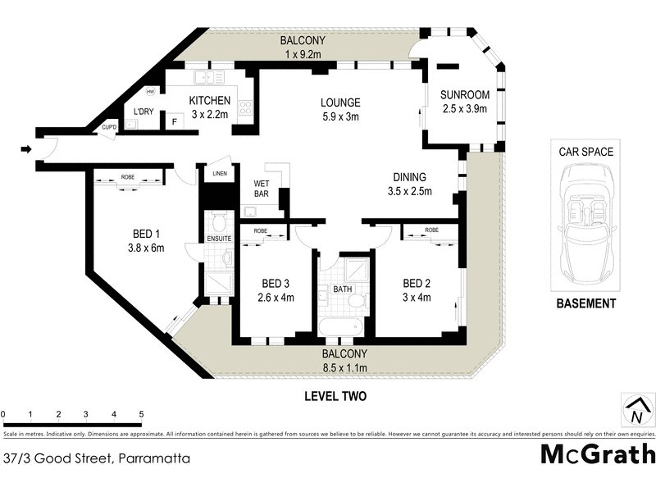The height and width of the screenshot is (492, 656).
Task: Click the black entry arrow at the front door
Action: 25,149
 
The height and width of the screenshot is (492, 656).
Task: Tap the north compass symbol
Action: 636,411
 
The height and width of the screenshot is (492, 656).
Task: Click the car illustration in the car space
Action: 586,218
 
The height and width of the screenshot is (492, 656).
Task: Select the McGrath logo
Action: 598,453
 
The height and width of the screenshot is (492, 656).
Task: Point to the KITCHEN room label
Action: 209,101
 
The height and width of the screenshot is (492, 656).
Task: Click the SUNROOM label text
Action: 464,94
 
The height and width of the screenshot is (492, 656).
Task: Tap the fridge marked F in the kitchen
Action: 173,122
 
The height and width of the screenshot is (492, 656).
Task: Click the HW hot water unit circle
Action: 152,91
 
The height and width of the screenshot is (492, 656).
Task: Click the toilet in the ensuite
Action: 218,222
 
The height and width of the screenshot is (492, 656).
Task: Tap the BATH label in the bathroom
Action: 342,289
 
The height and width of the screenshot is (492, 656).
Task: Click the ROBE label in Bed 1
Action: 127,176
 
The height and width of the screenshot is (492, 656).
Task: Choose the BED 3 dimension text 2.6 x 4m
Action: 276,297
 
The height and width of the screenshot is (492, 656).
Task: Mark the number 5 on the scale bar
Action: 142,413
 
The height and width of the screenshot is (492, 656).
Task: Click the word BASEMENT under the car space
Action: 585,303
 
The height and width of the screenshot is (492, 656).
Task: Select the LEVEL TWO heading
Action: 335,396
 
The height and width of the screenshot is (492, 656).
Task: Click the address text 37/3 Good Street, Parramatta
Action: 97,458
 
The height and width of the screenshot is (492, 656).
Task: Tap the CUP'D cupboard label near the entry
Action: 109,127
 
